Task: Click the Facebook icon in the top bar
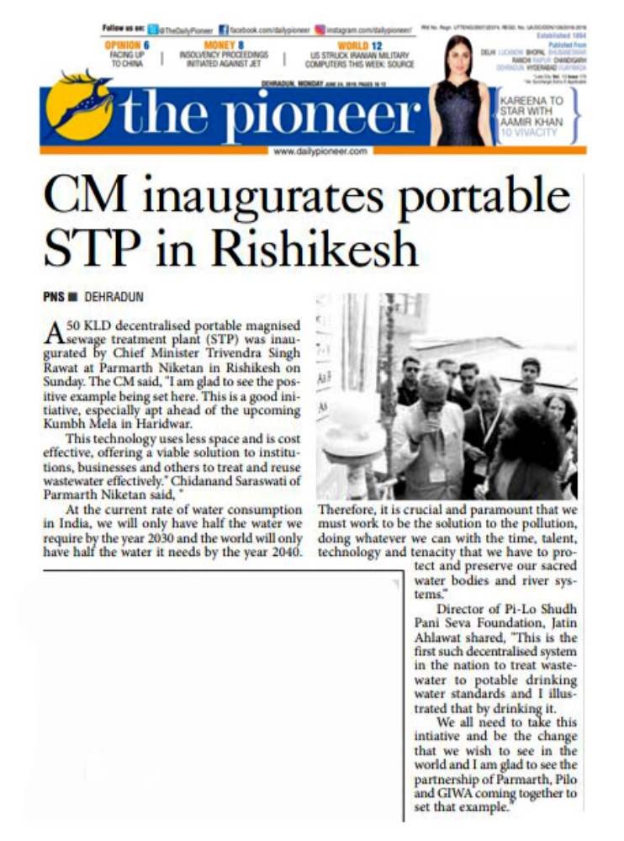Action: click(224, 29)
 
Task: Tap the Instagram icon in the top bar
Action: click(320, 29)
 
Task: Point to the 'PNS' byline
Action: click(55, 297)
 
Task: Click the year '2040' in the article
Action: click(283, 551)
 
